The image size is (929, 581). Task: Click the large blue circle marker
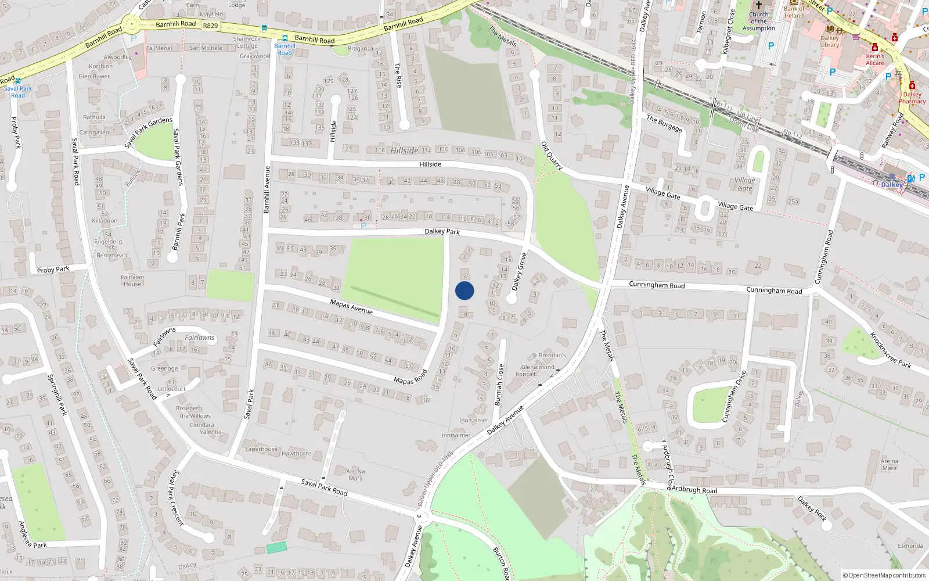point(464,290)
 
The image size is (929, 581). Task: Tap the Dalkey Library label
point(829,41)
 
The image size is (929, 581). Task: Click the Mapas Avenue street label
point(351,306)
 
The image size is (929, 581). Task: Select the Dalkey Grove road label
point(519,271)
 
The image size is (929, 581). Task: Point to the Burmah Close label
point(499,384)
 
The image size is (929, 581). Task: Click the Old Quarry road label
point(552,155)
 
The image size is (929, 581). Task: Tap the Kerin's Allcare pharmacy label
point(875,60)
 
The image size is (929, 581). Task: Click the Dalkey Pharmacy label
point(912,98)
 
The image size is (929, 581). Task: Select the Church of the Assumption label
point(758,21)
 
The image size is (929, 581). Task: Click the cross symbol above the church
point(758,5)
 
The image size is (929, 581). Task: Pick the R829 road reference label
point(210,26)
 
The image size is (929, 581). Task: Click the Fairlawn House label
point(132,281)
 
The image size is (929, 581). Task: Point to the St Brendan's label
point(549,355)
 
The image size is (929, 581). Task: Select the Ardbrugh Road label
point(694,490)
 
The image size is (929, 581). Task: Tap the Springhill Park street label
point(57,394)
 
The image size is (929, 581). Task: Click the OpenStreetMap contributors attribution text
point(884,575)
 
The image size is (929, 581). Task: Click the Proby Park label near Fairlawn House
point(53,270)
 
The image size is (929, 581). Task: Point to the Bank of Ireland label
point(794,12)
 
